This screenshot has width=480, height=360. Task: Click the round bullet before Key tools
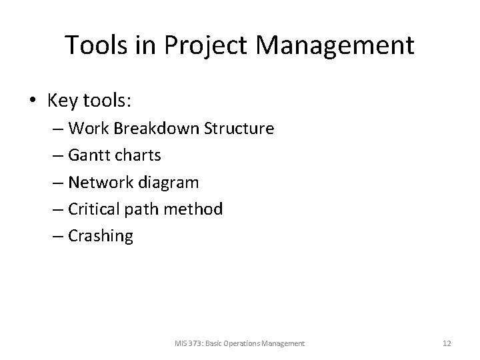click(x=33, y=101)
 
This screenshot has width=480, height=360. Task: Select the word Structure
click(x=239, y=129)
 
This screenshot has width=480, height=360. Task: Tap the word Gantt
click(x=87, y=155)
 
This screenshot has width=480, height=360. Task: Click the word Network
click(x=97, y=182)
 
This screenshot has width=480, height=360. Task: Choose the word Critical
click(x=92, y=209)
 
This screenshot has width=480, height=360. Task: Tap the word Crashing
click(x=100, y=236)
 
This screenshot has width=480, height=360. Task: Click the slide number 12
click(x=447, y=343)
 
